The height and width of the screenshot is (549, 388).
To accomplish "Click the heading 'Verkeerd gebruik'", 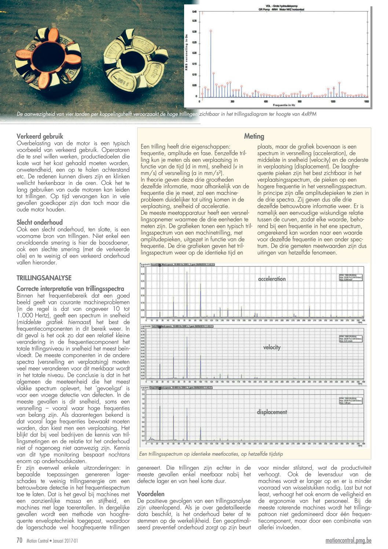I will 40,137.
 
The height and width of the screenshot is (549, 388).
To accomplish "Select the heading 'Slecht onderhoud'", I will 40,222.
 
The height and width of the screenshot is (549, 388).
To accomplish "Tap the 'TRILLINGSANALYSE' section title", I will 44,278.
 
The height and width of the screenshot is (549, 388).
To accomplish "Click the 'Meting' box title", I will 254,137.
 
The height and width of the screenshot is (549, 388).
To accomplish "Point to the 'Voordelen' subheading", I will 151,494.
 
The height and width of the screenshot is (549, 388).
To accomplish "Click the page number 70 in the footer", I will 20,540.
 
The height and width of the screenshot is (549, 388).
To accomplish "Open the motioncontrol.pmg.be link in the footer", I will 348,541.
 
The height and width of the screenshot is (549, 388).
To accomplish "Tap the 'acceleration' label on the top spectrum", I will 272,279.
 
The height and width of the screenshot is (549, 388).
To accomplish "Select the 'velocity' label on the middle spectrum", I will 272,347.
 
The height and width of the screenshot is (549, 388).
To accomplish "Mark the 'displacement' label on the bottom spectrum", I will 272,412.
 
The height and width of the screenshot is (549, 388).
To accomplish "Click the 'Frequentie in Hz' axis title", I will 282,105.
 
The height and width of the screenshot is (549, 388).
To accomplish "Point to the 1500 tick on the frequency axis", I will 366,101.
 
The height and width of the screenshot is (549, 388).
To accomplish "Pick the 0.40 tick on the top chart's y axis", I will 194,12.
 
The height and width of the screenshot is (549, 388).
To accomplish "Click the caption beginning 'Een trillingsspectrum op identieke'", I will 211,454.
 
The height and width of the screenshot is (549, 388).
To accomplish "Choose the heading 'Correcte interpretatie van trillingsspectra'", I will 70,289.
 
